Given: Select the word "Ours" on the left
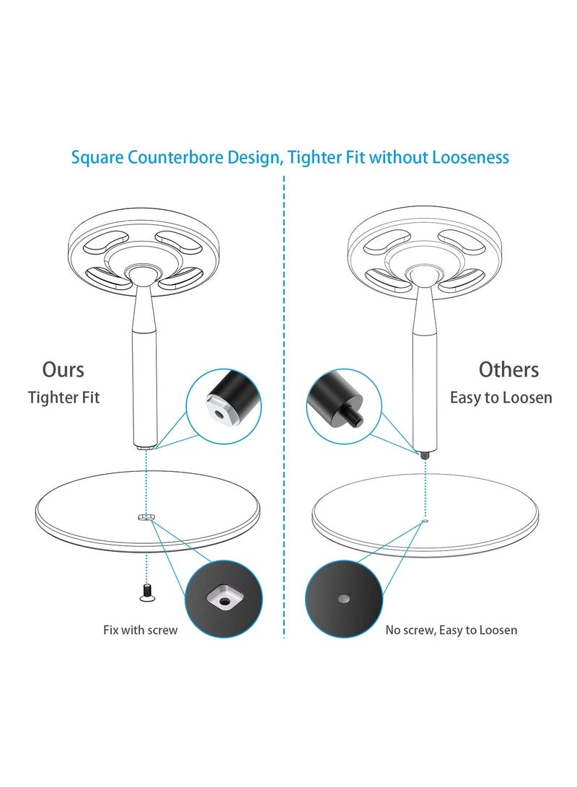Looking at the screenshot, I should pyautogui.click(x=63, y=370).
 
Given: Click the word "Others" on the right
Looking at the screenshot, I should pyautogui.click(x=508, y=370).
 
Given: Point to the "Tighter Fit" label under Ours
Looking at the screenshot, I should pyautogui.click(x=63, y=397).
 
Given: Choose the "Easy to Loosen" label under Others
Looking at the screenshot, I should pyautogui.click(x=501, y=397).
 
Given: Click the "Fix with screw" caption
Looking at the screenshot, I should pyautogui.click(x=140, y=630).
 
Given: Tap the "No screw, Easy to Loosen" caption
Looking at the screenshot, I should pyautogui.click(x=451, y=630).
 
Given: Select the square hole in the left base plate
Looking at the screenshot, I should pyautogui.click(x=145, y=517).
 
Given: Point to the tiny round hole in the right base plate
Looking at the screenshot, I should pyautogui.click(x=425, y=519).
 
